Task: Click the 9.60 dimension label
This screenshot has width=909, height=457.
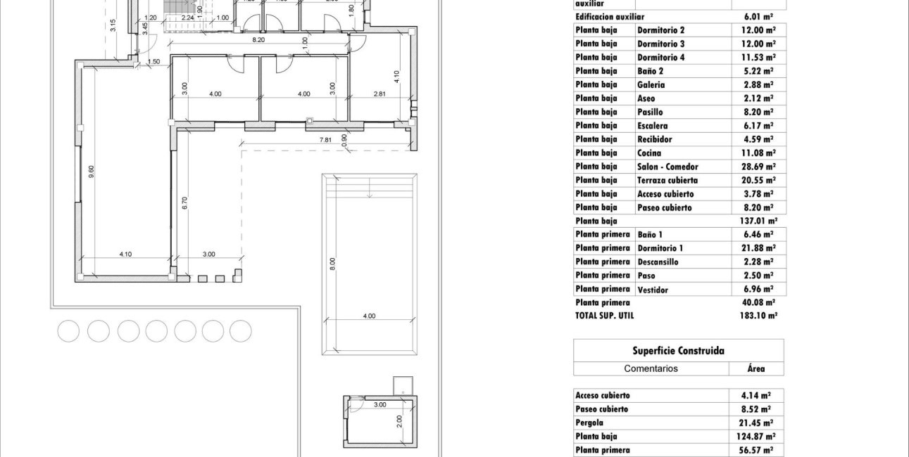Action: coord(91,172)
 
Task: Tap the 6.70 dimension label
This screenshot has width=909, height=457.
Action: coord(185,204)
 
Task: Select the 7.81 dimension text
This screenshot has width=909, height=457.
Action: coord(325,140)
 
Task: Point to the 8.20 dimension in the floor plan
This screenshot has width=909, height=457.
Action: coord(258,40)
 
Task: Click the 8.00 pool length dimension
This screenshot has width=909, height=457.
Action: coord(333,264)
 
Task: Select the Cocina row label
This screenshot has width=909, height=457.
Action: coord(649,153)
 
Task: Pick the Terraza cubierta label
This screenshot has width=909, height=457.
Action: coord(667,180)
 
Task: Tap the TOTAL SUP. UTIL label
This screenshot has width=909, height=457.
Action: coord(604,316)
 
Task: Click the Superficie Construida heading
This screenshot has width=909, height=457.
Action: coord(678,351)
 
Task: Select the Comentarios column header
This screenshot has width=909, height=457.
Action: coord(651,368)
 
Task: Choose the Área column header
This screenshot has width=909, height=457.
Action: coord(756,368)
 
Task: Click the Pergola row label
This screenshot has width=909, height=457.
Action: coord(590,423)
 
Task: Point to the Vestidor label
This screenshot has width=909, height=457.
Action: coord(653,289)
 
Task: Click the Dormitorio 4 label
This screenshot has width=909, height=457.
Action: coord(660,58)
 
